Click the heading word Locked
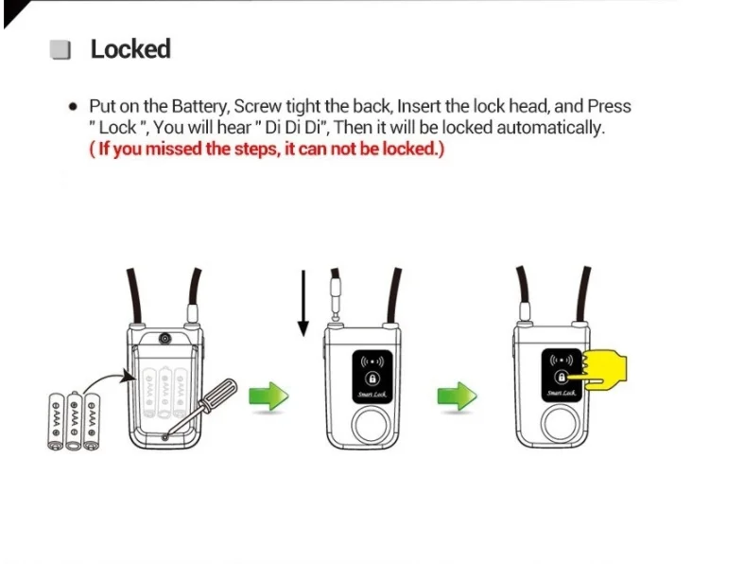pos(130,49)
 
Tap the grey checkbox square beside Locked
pos(61,50)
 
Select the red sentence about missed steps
pos(267,150)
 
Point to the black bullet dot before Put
pos(73,107)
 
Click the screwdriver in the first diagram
pos(207,402)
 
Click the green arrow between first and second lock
pos(268,396)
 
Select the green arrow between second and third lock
pos(457,396)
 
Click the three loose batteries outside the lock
pos(73,417)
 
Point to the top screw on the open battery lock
pos(165,338)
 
